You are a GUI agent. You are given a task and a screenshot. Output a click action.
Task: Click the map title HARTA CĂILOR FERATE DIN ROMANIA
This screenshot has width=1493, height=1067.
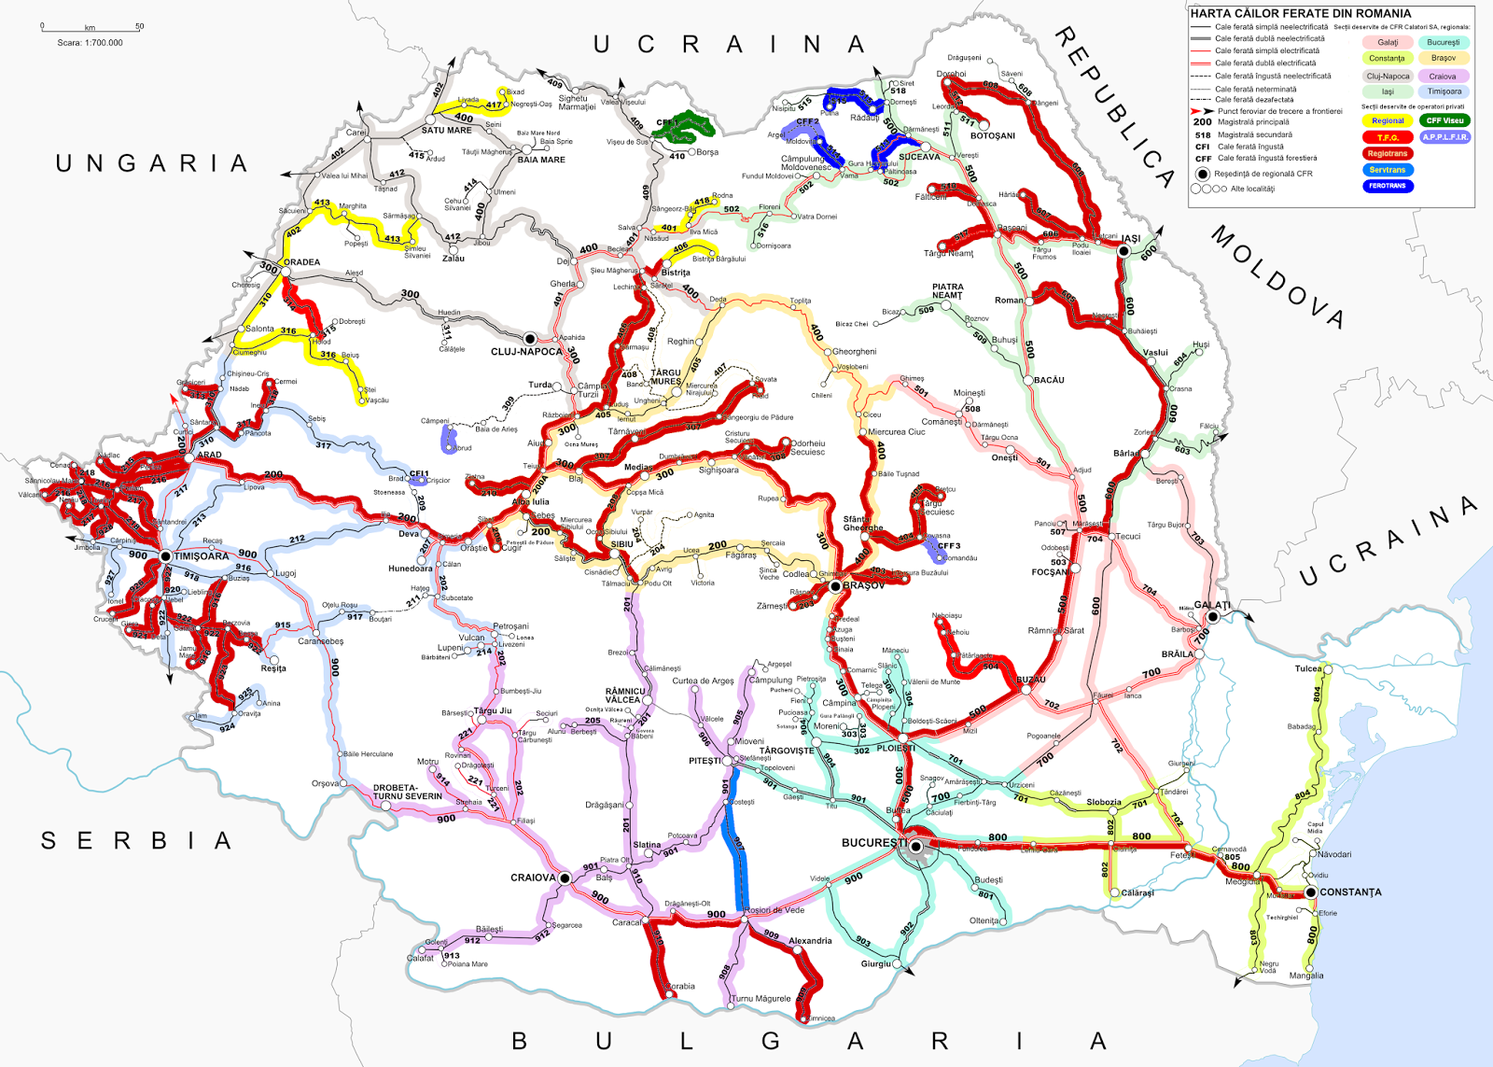point(1300,13)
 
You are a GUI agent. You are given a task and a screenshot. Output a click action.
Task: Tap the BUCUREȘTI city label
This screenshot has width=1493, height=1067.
point(873,842)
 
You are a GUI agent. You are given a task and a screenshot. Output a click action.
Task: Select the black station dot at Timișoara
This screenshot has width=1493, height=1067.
point(165,556)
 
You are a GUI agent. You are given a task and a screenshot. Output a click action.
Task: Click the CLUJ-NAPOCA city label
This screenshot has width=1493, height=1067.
point(526,352)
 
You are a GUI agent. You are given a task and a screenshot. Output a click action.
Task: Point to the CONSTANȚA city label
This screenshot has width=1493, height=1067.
point(1350,892)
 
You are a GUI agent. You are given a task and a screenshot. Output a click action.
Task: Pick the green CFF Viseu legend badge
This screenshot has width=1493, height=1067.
point(1444,120)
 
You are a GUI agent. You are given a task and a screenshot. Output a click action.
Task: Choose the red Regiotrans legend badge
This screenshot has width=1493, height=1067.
point(1388,153)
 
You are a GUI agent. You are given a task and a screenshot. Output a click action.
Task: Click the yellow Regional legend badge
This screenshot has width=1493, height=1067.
point(1388,120)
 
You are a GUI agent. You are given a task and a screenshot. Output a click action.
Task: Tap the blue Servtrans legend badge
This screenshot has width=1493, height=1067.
point(1388,170)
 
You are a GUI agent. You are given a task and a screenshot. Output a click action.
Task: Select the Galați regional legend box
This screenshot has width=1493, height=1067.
point(1388,42)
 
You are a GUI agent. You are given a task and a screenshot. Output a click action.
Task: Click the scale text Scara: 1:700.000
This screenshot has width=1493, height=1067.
point(90,43)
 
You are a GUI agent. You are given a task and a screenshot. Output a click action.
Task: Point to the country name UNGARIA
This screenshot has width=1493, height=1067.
point(152,163)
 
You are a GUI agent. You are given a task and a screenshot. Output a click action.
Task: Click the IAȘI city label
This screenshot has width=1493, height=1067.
point(1131,239)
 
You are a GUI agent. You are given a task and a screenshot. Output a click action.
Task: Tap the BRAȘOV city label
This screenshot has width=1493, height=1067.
point(863,586)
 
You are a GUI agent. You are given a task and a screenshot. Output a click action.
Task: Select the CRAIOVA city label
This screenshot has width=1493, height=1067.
point(533,877)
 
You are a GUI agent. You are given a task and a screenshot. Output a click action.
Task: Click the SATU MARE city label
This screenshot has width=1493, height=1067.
point(446,131)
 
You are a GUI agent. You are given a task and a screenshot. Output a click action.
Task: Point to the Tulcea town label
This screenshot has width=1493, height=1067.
point(1308,668)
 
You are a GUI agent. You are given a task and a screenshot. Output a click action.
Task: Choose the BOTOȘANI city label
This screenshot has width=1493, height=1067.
point(993,135)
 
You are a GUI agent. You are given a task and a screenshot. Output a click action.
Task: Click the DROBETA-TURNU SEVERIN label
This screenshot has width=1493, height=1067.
point(408,792)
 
